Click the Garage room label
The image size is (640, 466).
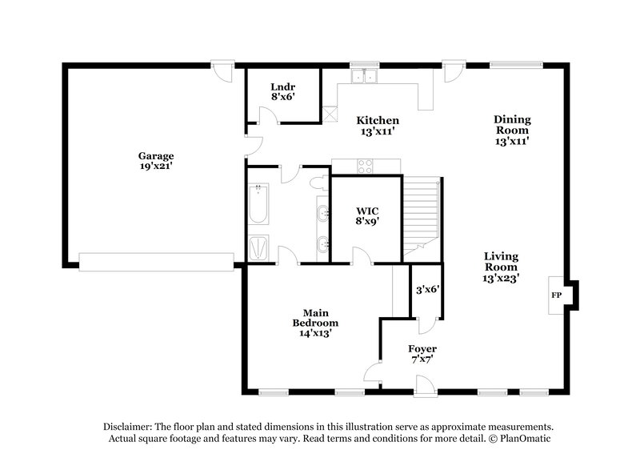(x=155, y=161)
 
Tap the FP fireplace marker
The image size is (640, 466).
(x=556, y=295)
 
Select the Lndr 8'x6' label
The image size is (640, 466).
(x=283, y=90)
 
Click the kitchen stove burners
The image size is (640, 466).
(x=365, y=166)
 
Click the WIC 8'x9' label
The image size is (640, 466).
(x=367, y=216)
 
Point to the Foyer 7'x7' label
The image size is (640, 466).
(x=422, y=355)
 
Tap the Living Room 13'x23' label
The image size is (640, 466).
(x=502, y=267)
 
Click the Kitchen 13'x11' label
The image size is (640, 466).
(x=378, y=124)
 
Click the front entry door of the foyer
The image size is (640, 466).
(x=426, y=388)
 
